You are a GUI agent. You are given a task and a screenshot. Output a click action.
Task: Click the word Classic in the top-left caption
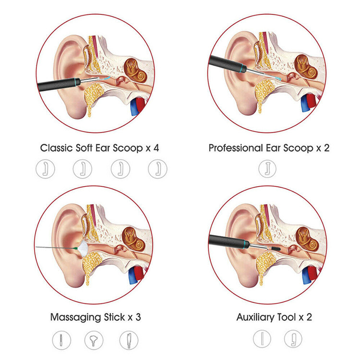tap(57, 148)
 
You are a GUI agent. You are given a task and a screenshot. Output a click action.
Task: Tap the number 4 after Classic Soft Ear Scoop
tap(156, 148)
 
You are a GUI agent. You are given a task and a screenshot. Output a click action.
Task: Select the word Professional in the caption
tap(236, 148)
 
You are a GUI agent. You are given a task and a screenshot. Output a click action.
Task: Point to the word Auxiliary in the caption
tap(255, 317)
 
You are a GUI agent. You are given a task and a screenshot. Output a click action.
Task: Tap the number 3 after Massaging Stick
tap(138, 317)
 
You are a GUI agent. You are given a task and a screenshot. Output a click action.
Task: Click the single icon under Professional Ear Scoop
tap(267, 169)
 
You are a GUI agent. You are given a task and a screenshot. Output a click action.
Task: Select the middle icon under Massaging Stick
tap(94, 340)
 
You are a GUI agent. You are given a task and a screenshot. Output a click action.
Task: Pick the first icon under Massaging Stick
tap(61, 340)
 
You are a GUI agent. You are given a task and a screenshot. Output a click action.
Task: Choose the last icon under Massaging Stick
tap(129, 340)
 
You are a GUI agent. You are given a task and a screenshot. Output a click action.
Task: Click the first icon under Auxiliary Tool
tap(262, 339)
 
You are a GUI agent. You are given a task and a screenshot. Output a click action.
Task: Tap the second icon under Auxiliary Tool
tap(293, 339)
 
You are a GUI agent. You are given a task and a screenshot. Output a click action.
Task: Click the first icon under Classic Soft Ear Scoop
tap(46, 169)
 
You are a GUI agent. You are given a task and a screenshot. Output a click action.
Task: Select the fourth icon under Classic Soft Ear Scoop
tap(157, 169)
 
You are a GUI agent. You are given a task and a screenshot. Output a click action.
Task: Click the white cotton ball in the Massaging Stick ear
tap(83, 249)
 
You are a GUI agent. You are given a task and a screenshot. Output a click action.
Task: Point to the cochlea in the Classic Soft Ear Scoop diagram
tap(136, 71)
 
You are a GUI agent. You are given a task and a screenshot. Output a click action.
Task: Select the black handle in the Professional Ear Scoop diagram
tap(228, 64)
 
